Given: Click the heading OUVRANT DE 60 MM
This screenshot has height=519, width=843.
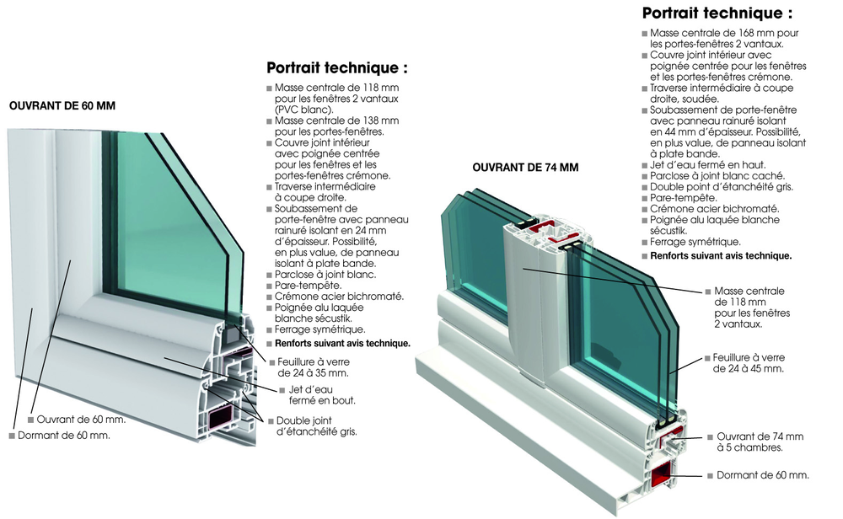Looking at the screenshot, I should coord(62,106).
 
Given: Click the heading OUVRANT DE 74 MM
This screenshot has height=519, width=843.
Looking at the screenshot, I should coord(525,168).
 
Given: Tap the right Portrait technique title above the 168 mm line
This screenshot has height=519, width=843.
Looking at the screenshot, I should coord(717,13).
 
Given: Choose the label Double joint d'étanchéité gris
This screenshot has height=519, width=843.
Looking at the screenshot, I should coord(316,425).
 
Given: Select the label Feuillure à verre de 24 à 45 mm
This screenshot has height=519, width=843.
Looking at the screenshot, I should coord(749,363).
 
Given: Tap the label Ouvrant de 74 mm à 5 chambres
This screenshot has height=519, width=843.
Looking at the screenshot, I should coord(760,441).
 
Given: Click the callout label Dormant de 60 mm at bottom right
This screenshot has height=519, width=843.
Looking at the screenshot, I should coord(762,475).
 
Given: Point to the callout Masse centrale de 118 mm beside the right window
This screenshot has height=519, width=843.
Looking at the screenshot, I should coord(749,307).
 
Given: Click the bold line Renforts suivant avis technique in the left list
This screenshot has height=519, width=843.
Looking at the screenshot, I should coord(341,343).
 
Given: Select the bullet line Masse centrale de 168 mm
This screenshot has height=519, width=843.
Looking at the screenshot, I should coord(722,38).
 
